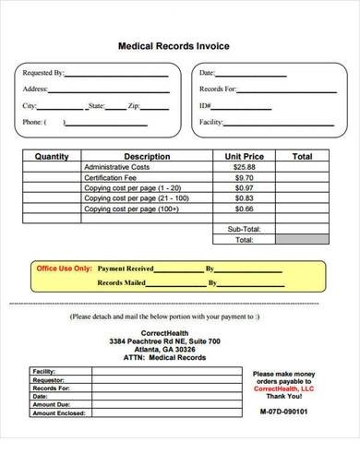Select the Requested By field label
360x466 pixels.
click(42, 73)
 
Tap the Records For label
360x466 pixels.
click(218, 90)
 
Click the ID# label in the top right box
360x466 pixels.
click(205, 106)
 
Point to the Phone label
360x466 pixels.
click(33, 123)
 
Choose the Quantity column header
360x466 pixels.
click(52, 157)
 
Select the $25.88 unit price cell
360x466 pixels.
click(244, 167)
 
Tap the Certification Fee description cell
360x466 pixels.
click(111, 177)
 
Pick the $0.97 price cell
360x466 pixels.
click(244, 187)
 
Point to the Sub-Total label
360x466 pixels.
click(244, 228)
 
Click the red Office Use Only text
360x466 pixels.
click(64, 269)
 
